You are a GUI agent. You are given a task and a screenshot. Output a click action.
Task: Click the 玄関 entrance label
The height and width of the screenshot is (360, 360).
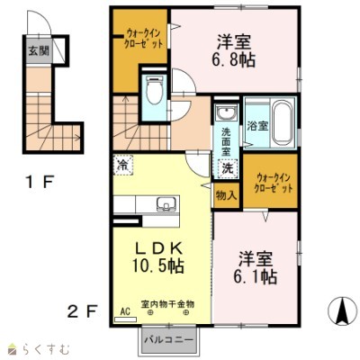pyautogui.click(x=32, y=50)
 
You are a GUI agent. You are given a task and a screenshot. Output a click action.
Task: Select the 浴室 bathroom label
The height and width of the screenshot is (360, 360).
pyautogui.click(x=256, y=126)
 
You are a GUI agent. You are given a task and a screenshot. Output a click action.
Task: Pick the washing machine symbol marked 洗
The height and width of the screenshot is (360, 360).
pyautogui.click(x=226, y=167)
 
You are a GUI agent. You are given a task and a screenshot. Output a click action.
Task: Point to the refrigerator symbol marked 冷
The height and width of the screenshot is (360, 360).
pyautogui.click(x=121, y=165)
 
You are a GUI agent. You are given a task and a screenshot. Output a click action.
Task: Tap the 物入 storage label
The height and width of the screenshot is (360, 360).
pyautogui.click(x=226, y=194)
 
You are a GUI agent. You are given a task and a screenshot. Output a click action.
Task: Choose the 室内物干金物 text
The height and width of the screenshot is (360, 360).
pyautogui.click(x=166, y=303)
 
